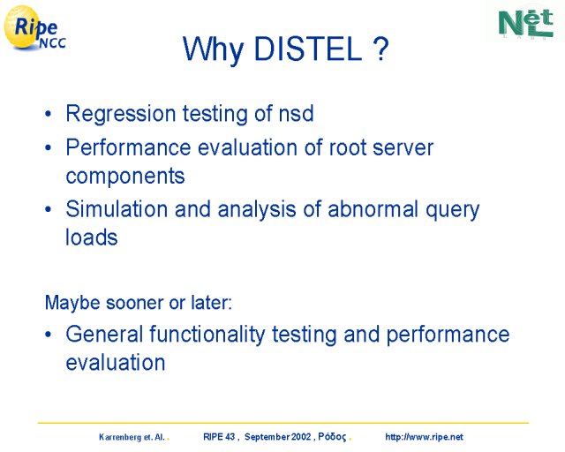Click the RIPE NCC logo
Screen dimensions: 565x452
coord(34,28)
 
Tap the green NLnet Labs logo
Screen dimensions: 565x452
coord(526,24)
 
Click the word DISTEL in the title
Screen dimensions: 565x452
coord(308,49)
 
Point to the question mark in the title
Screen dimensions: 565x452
coord(380,49)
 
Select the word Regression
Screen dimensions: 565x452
coord(121,115)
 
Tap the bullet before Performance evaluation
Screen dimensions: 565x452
coord(49,147)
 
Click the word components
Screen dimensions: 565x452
coord(125,177)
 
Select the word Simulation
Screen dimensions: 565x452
coord(117,209)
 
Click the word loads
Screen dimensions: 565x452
coord(92,237)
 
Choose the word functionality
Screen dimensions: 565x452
coord(207,335)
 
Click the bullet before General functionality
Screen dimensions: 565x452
coord(49,335)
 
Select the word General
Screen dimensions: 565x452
coord(104,334)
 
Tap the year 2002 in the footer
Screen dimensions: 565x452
coord(301,437)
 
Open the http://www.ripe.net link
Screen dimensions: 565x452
coord(424,437)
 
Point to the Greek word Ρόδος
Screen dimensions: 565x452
coord(332,437)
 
